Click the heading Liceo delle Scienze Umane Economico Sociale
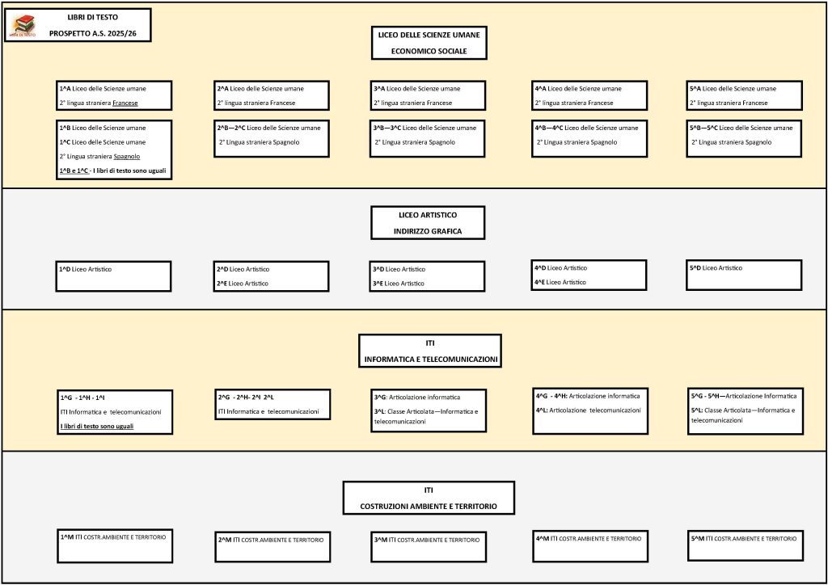click(x=429, y=43)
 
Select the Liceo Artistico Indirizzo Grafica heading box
click(x=428, y=222)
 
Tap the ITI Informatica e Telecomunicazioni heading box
click(x=430, y=351)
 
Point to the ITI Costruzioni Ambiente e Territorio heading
click(x=429, y=498)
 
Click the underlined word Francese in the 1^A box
click(x=125, y=103)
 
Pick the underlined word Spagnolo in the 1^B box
click(x=127, y=156)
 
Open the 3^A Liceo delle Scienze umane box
click(x=428, y=95)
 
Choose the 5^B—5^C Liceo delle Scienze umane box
click(x=744, y=138)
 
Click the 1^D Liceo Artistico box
click(x=113, y=276)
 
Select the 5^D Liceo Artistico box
click(x=744, y=275)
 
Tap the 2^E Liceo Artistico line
click(x=243, y=284)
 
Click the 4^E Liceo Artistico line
click(x=560, y=282)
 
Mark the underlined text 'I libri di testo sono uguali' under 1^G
click(x=97, y=426)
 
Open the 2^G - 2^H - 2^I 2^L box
click(x=272, y=405)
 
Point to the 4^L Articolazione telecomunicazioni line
click(x=589, y=410)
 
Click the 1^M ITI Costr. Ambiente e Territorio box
click(x=115, y=546)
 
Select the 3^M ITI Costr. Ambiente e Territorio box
click(x=429, y=546)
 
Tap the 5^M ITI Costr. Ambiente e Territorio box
click(x=746, y=546)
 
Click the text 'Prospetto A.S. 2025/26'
click(x=92, y=33)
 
